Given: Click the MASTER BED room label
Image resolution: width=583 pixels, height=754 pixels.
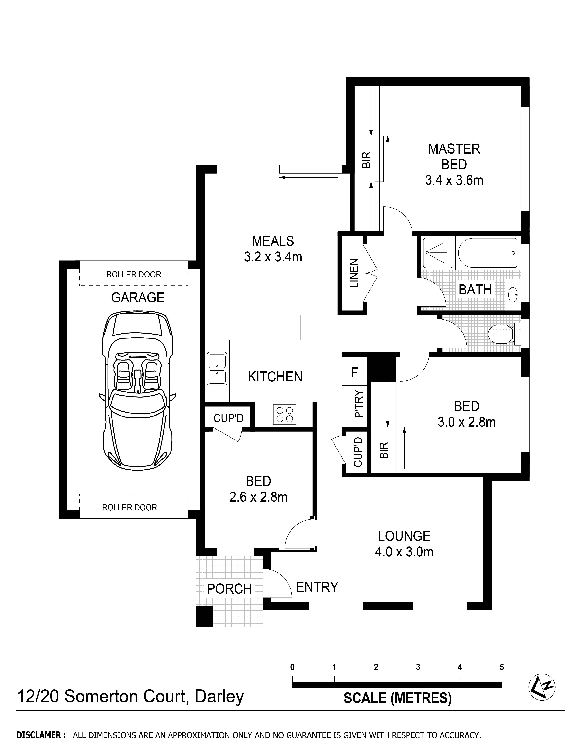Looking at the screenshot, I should [x=454, y=156].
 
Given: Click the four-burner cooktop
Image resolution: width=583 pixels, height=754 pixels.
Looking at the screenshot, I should [x=285, y=414].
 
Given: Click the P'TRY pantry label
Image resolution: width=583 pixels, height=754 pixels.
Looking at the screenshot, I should [x=359, y=404].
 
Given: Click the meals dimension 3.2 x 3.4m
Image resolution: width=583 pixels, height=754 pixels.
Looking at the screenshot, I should [x=273, y=257].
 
